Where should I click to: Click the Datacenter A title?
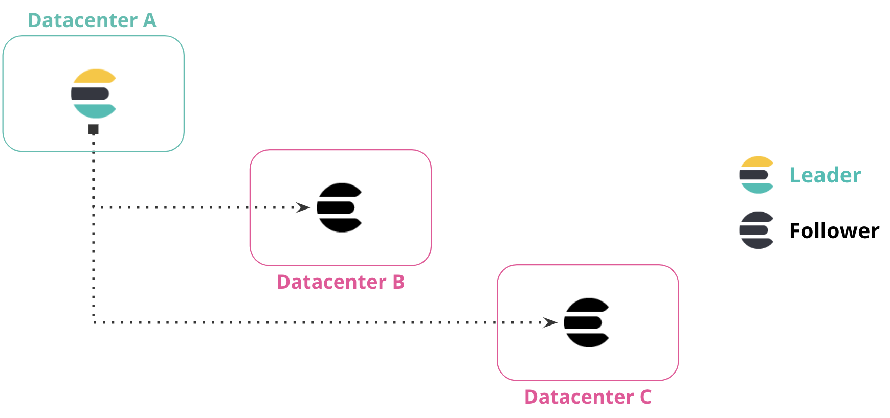(x=92, y=20)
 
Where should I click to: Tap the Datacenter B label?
(x=341, y=282)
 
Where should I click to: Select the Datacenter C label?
(x=588, y=397)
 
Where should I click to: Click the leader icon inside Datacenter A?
(x=94, y=94)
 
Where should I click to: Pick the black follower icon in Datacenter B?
(x=340, y=207)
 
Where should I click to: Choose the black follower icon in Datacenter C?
(x=587, y=322)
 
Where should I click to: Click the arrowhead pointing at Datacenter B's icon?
(x=303, y=207)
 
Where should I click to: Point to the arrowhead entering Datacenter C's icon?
(x=550, y=322)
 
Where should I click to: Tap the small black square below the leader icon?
(x=94, y=129)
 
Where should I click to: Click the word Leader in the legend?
(x=825, y=175)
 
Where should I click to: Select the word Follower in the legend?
(x=834, y=231)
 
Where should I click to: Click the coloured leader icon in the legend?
(x=756, y=175)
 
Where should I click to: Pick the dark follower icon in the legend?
(x=756, y=230)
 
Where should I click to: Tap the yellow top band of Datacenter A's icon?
(x=95, y=77)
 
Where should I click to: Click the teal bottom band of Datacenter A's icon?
(x=95, y=110)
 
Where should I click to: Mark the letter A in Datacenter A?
(x=149, y=20)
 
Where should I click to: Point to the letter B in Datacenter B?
(x=398, y=282)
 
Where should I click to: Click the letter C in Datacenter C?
(x=646, y=397)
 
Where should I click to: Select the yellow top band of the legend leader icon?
(x=757, y=162)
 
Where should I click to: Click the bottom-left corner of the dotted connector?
(x=94, y=322)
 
